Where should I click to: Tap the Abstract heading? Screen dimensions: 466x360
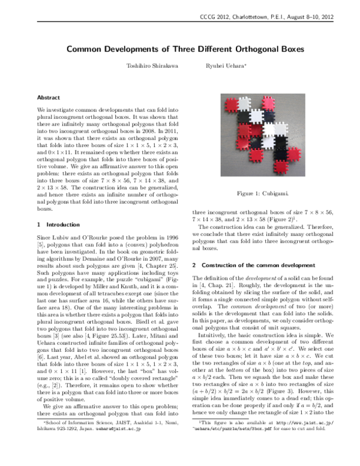click(x=48, y=97)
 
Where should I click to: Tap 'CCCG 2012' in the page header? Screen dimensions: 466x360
click(x=220, y=17)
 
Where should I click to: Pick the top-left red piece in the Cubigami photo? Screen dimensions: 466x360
click(x=231, y=104)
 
